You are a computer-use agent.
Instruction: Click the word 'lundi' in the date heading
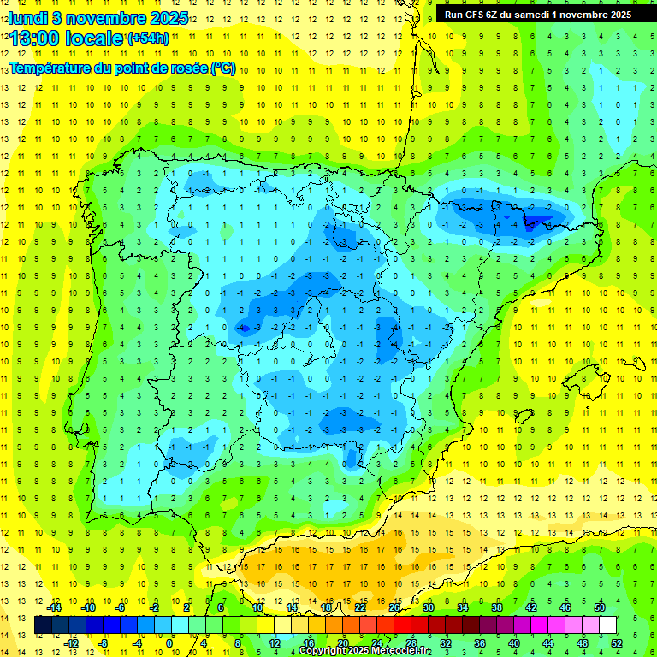pos(27,18)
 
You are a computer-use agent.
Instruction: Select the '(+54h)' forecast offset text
pos(148,38)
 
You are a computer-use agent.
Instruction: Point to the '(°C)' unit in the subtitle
pos(223,68)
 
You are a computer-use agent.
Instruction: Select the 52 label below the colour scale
pos(616,643)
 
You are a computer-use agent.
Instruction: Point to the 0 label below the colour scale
pos(169,643)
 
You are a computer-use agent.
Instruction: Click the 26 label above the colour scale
pos(394,607)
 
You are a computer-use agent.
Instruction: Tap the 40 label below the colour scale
pos(513,643)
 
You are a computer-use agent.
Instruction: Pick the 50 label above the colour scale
pos(599,607)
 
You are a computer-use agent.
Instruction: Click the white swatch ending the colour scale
pos(607,625)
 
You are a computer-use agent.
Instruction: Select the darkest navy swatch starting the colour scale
pos(43,625)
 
